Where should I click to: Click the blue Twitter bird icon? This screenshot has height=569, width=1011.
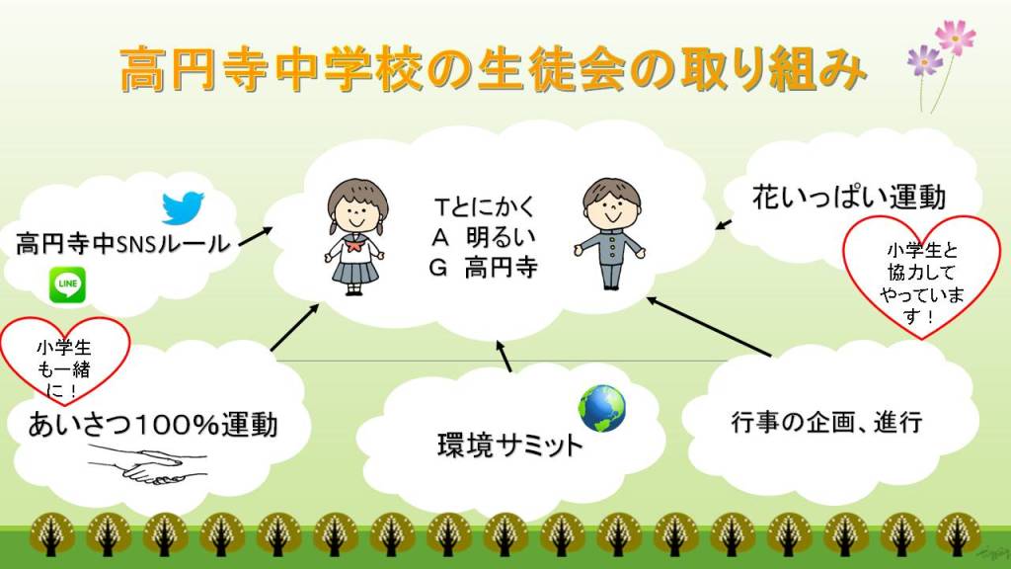(x=183, y=207)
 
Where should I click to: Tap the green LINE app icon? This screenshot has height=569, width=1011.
(x=67, y=285)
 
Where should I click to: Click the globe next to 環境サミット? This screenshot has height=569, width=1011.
(x=602, y=409)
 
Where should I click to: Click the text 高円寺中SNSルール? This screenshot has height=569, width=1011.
(x=121, y=243)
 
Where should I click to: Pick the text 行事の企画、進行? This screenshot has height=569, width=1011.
(x=826, y=423)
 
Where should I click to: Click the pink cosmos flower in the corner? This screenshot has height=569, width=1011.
(x=954, y=39)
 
